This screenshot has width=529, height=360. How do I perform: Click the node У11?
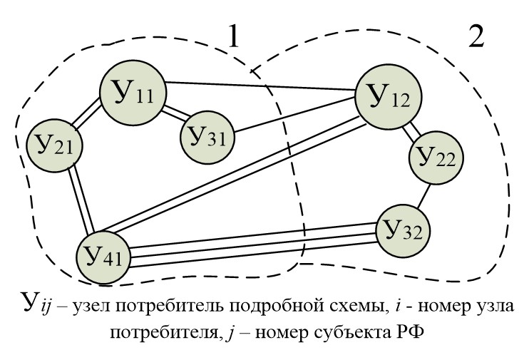[x=133, y=92]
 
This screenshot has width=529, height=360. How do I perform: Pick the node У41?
[x=103, y=253]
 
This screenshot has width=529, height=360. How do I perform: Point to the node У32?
[x=404, y=230]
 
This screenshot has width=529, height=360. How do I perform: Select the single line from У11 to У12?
[x=260, y=86]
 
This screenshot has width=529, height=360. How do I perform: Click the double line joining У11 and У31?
[x=175, y=114]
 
